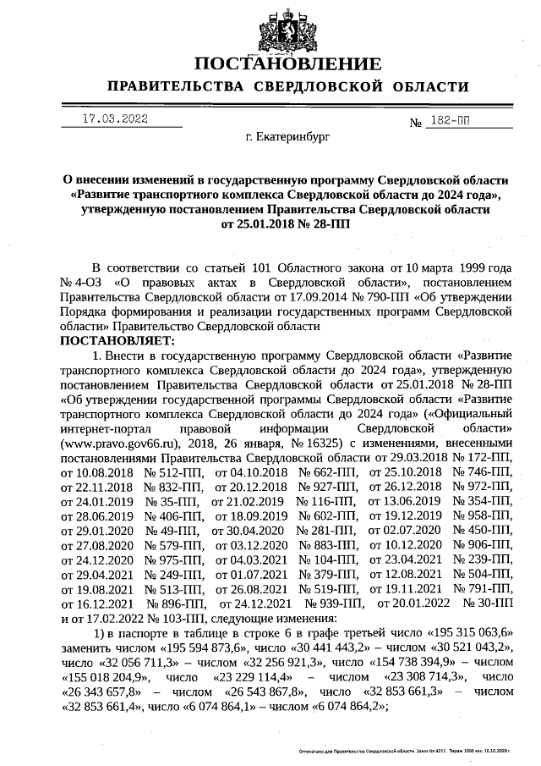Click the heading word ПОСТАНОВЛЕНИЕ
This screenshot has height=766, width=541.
click(287, 64)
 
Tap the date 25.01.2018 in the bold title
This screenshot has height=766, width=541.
click(249, 224)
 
